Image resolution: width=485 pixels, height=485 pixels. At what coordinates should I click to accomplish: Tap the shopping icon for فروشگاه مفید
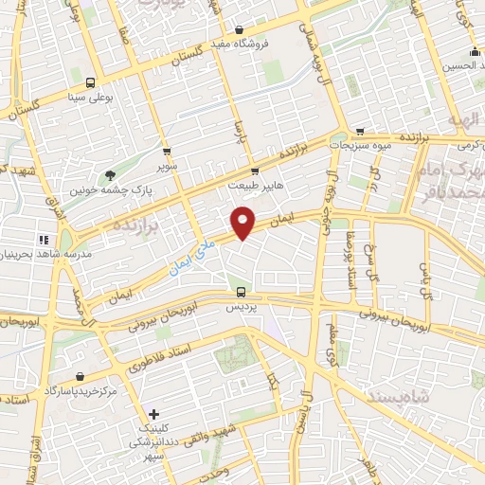pos(238,30)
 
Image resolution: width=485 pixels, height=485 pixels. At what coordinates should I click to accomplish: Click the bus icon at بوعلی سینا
pos(90,81)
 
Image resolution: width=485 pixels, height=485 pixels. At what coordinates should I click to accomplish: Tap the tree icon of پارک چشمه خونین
pos(111,174)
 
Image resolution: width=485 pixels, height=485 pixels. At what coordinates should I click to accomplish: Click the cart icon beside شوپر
pos(167,151)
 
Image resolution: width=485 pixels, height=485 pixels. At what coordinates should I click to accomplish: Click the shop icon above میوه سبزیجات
pos(359,132)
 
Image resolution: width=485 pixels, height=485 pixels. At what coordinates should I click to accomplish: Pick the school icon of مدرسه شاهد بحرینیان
pos(43,240)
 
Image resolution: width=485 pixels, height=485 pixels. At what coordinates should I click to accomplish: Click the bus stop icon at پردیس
pos(241,292)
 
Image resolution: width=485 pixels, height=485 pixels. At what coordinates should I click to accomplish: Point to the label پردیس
pos(241,307)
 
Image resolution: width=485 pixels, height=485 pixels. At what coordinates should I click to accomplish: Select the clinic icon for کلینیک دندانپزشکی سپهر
pos(155,414)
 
